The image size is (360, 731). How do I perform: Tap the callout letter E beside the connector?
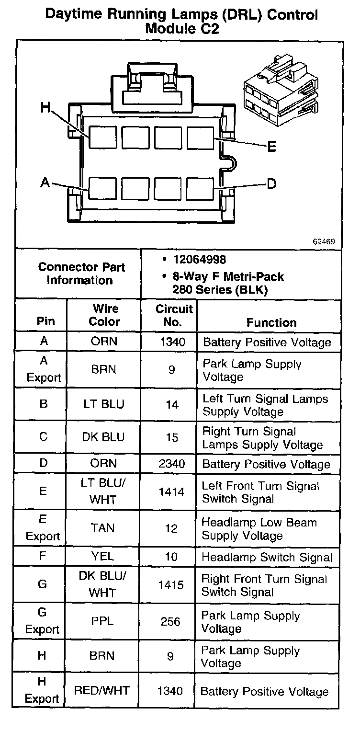[272, 147]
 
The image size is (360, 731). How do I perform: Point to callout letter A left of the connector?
[45, 182]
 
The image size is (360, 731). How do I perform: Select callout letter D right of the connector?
[271, 183]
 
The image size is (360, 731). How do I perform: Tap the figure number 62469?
[324, 241]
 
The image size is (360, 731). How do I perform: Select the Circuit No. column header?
[174, 315]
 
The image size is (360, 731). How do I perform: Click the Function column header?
[271, 322]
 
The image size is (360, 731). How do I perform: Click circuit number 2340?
[171, 464]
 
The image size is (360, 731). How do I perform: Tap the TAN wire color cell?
[102, 528]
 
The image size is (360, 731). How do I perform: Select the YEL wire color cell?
[102, 557]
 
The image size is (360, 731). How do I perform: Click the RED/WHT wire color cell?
[102, 691]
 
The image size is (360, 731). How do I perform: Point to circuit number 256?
[171, 622]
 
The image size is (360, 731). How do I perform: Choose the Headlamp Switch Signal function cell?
[267, 557]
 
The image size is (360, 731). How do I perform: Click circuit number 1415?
[171, 585]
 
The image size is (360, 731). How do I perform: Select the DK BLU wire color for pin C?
[102, 437]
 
